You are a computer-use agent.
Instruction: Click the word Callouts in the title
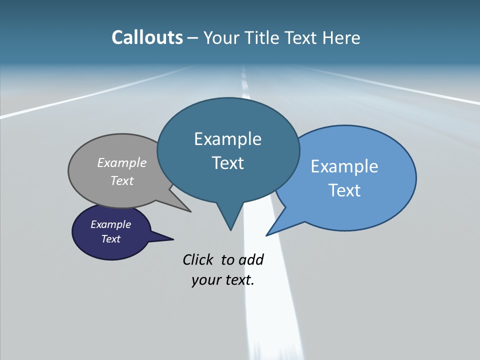click(147, 38)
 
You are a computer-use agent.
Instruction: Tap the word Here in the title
click(341, 38)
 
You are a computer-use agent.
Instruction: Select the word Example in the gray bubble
click(122, 162)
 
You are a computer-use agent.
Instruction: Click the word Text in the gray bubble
click(122, 180)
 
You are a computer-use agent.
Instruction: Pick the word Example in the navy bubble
click(110, 224)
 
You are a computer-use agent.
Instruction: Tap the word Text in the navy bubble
click(110, 239)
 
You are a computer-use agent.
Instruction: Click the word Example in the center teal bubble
click(227, 139)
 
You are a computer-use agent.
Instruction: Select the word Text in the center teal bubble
click(227, 163)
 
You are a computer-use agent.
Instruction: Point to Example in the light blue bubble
click(344, 166)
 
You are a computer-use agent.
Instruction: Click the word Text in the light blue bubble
click(344, 190)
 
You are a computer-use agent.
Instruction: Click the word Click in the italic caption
click(198, 259)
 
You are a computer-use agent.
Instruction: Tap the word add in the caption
click(251, 259)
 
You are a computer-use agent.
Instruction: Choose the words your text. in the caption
click(223, 280)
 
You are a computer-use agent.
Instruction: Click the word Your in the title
click(220, 38)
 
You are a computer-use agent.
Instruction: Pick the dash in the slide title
click(193, 38)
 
